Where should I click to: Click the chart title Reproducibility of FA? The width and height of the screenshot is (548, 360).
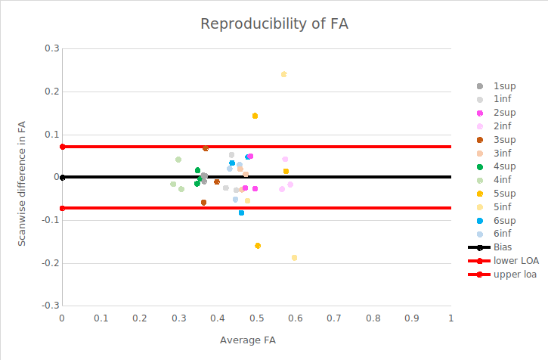[x=274, y=23]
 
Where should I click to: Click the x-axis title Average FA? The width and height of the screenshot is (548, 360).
[x=247, y=340]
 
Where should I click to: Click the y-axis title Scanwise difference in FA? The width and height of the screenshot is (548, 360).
[x=22, y=175]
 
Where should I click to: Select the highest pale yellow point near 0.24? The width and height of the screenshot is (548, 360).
[x=283, y=74]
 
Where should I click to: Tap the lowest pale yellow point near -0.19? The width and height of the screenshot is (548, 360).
[x=294, y=258]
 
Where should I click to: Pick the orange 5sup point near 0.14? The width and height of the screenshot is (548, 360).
[x=255, y=116]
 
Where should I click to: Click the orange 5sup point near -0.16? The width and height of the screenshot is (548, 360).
[x=258, y=246]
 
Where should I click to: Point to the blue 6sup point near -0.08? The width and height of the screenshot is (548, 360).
[x=241, y=213]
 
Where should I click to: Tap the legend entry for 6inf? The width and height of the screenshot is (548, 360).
[x=503, y=234]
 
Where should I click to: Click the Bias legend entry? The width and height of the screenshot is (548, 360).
[x=501, y=247]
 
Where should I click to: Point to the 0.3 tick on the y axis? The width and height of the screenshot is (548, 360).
[x=52, y=48]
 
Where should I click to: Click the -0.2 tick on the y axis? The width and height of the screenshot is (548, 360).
[x=51, y=263]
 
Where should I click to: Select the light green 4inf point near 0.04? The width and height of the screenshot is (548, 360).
[x=178, y=160]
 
